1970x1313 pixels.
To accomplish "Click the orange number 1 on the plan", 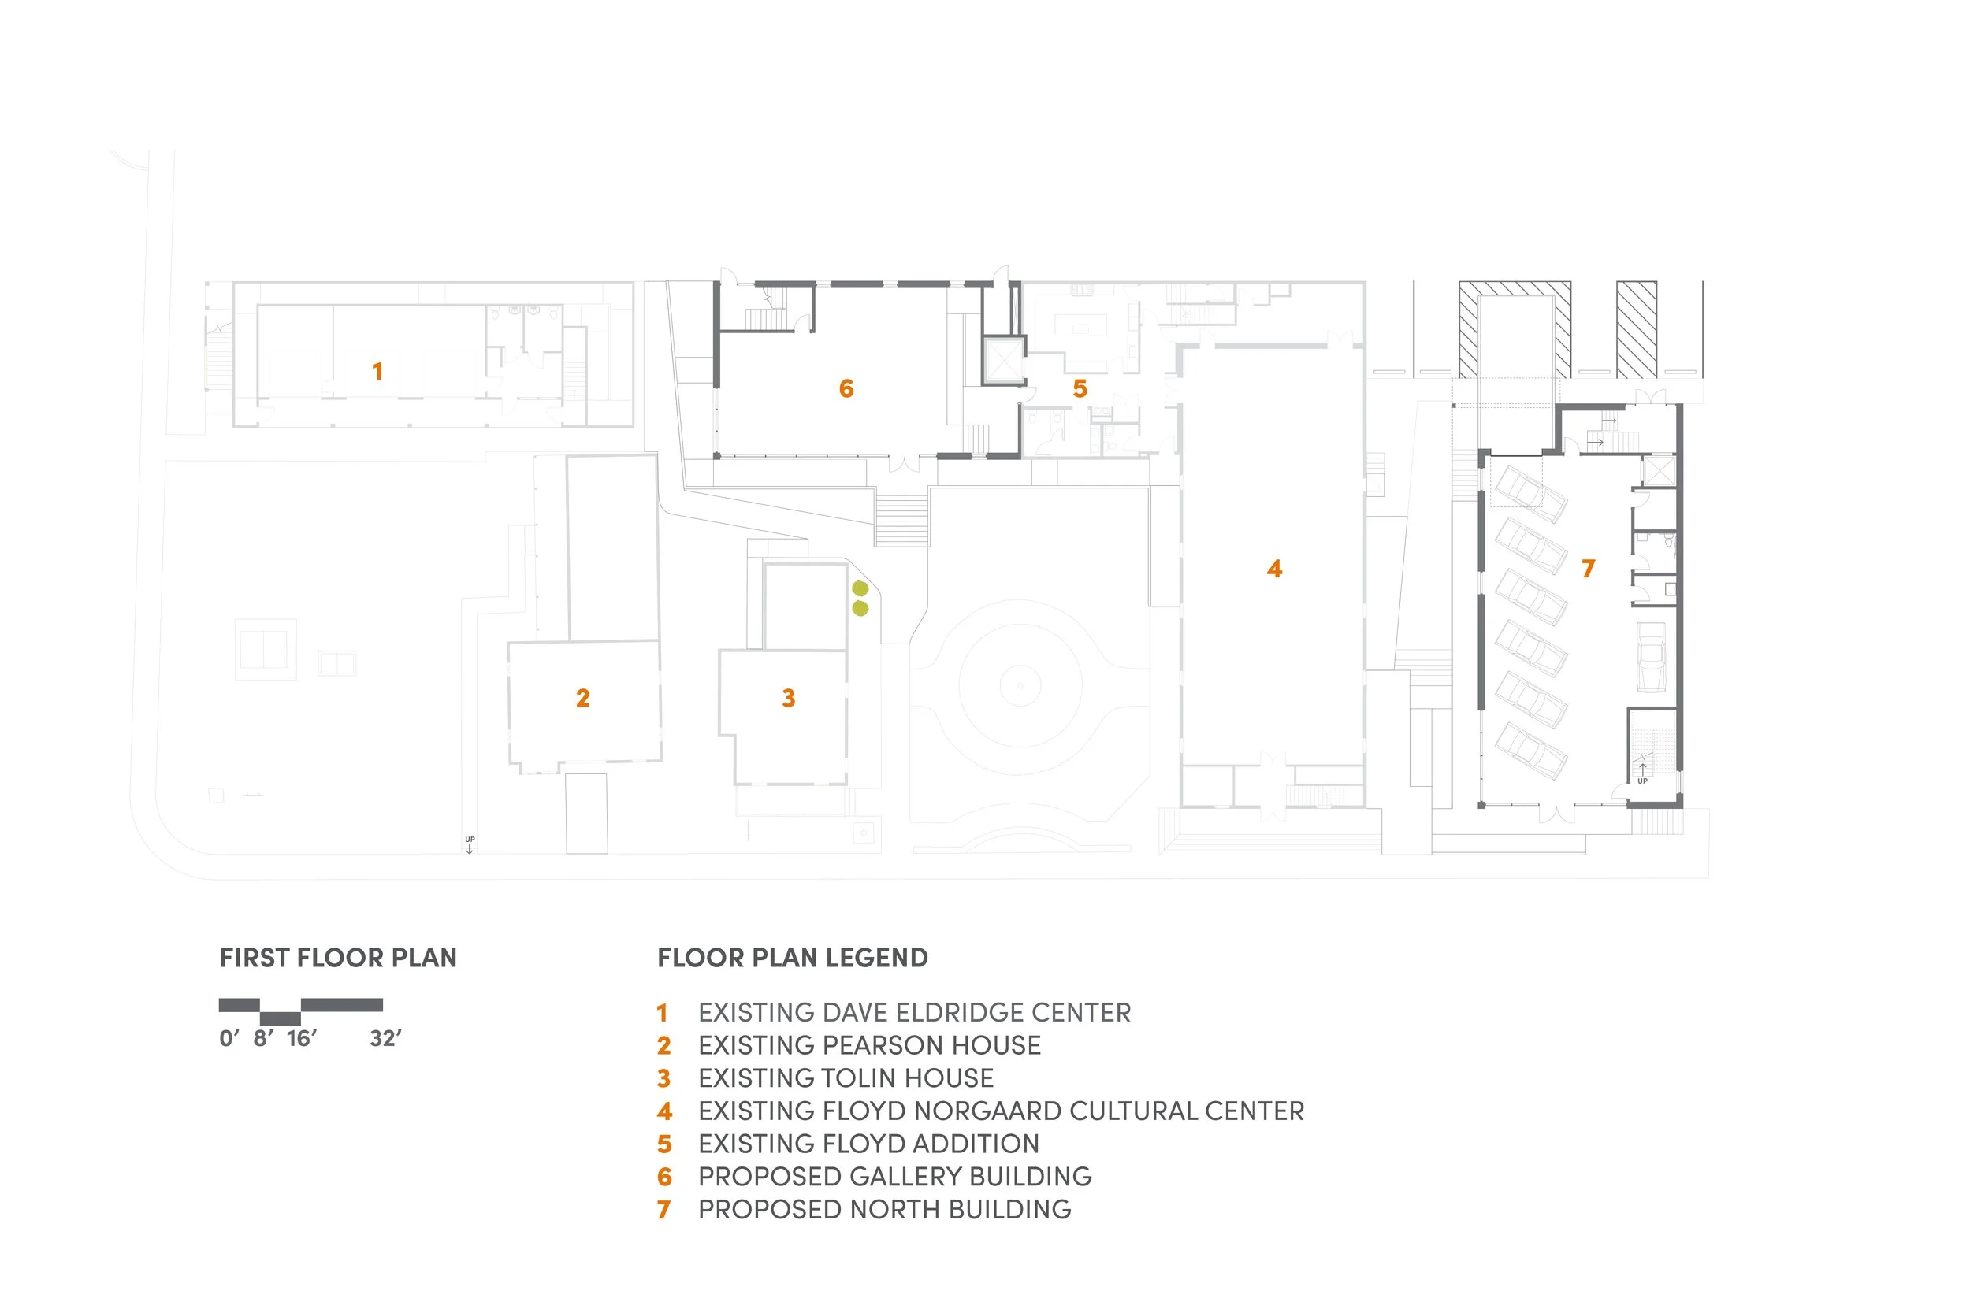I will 377,371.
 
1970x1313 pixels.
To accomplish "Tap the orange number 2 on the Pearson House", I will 583,698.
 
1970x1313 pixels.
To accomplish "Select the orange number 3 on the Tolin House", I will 788,698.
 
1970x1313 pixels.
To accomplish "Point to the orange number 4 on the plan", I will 1274,569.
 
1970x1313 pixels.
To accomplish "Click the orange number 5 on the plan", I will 1080,388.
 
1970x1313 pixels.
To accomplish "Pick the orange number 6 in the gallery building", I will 846,388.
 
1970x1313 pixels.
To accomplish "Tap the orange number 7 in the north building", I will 1588,569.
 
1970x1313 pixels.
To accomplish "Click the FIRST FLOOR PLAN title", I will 338,957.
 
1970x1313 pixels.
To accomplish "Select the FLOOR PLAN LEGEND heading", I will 793,957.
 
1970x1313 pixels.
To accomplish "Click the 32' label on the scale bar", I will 385,1038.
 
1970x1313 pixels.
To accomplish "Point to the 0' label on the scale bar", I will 229,1038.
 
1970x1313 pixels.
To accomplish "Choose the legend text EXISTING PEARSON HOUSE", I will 869,1045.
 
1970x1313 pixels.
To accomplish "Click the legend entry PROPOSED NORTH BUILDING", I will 884,1209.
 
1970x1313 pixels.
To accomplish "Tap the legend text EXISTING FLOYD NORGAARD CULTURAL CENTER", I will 1001,1111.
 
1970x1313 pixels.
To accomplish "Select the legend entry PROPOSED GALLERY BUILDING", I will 894,1177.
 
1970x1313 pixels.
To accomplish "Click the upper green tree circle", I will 860,588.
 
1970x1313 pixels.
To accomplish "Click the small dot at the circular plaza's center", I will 1020,685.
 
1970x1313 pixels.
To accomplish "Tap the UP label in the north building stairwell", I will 1641,781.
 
